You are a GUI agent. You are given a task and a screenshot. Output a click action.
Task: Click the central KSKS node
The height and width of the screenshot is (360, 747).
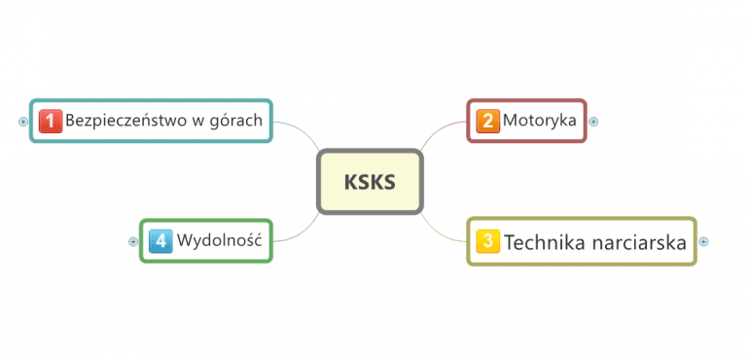[x=370, y=182]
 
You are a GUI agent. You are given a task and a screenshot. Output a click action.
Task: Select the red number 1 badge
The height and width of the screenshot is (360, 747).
[x=51, y=121]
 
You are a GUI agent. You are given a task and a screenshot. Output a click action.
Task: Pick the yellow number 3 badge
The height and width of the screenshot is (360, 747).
[x=489, y=241]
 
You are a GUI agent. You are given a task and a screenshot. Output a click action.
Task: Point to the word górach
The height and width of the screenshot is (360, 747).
[x=238, y=123]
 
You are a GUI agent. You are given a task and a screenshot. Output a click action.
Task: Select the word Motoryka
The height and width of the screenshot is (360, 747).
[x=540, y=122]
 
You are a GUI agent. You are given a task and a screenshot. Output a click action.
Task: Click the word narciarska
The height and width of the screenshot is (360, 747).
[x=641, y=241]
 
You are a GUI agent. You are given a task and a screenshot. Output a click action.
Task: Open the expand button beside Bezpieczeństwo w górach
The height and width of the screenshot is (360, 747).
[x=23, y=122]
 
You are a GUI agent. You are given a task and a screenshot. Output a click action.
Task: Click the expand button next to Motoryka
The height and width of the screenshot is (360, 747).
[x=593, y=122]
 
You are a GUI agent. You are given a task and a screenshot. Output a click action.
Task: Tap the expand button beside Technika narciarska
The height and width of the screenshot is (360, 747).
[x=704, y=241]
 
